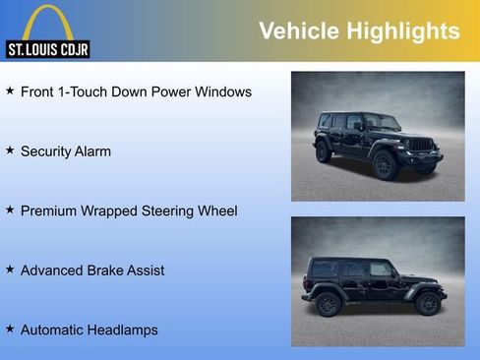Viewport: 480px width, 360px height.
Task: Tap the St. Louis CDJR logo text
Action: tap(47, 48)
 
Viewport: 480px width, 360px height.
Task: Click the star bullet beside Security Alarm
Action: tap(10, 150)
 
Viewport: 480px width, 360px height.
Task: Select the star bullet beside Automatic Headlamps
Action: tap(10, 329)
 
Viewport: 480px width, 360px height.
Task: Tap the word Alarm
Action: tap(90, 151)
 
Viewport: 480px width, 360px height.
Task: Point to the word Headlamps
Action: tap(121, 330)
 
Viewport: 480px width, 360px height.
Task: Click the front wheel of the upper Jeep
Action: tap(386, 163)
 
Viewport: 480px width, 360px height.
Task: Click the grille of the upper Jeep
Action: tap(421, 146)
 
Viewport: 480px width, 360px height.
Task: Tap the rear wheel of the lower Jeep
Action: tap(328, 303)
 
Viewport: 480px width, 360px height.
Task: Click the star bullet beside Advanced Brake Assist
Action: tap(10, 269)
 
